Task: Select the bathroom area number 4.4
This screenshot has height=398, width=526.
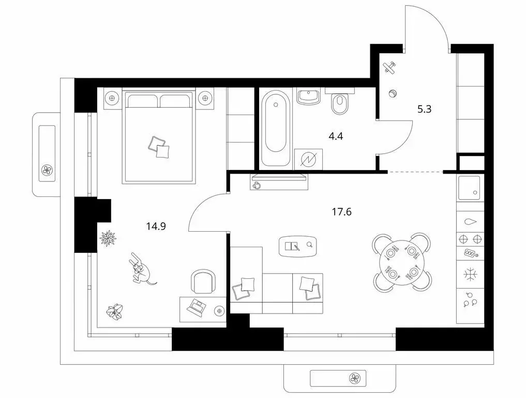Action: click(336, 137)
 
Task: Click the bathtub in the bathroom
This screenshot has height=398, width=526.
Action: click(275, 129)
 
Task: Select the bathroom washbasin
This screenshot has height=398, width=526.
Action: click(310, 96)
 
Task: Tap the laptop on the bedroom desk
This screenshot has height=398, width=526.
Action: click(197, 307)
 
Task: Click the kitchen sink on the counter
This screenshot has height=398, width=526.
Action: click(469, 187)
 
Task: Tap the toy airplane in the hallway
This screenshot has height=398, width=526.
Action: click(389, 67)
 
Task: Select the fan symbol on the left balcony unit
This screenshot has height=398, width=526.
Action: click(47, 169)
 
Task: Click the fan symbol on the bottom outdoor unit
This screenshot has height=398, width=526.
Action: click(355, 378)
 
